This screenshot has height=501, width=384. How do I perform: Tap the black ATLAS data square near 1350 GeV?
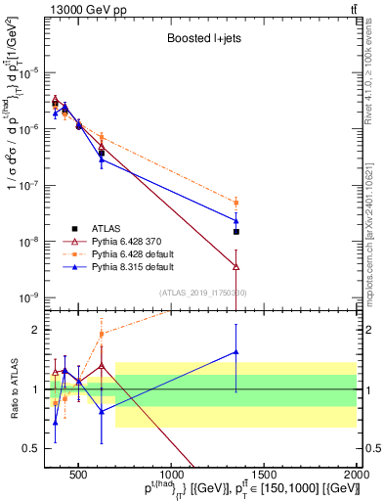tap(236, 232)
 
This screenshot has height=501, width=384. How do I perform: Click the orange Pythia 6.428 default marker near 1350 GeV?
tap(236, 203)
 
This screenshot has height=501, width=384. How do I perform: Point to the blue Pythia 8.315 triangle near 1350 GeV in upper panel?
tap(236, 220)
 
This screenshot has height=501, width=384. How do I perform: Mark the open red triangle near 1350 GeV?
tap(236, 265)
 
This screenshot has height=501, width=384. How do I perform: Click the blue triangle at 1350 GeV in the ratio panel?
tap(236, 352)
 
